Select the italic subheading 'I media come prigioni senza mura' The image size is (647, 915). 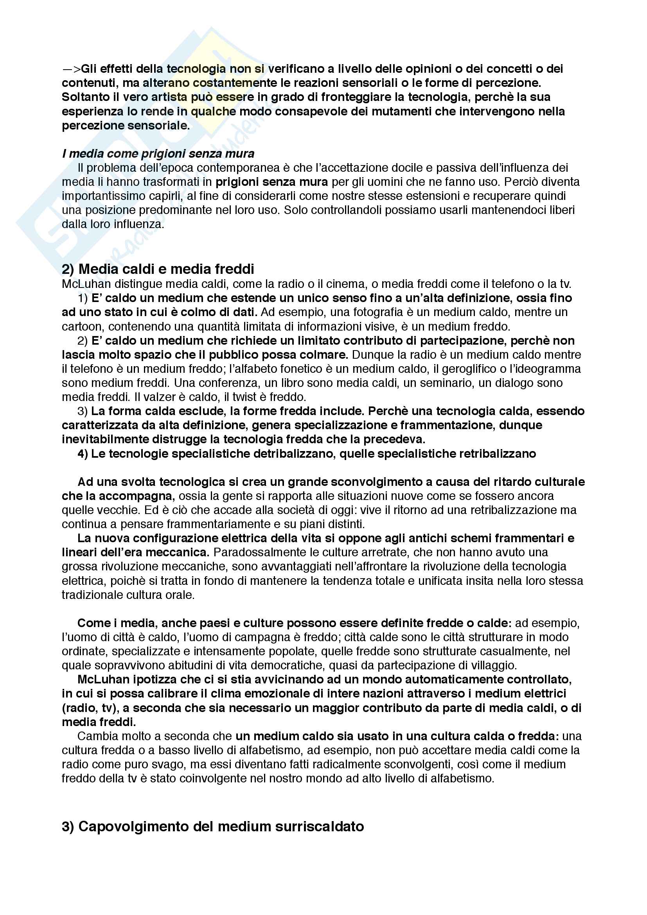(x=158, y=153)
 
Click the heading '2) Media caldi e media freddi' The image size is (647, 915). (x=158, y=269)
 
